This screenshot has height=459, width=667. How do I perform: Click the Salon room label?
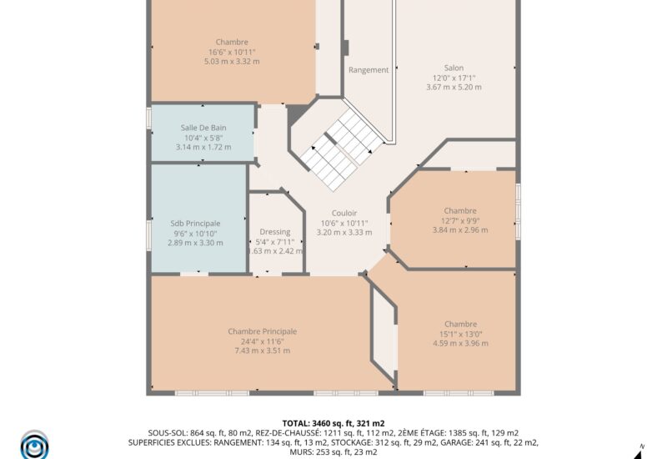[x=454, y=68]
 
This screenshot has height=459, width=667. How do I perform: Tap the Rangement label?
[x=369, y=70]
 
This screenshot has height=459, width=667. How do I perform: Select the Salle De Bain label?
[x=203, y=128]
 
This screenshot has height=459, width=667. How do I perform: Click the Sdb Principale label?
[x=195, y=224]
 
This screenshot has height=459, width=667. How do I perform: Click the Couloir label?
[x=344, y=213]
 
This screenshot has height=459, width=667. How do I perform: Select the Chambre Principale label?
[x=262, y=331]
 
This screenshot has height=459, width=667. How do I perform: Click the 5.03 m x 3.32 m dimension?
[x=233, y=61]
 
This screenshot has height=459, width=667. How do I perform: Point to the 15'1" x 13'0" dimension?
[x=460, y=334]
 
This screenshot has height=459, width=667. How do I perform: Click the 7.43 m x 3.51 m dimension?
[x=262, y=351]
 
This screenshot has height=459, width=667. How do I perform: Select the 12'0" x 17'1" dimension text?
[x=454, y=78]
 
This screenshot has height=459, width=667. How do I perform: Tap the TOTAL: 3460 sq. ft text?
[x=333, y=423]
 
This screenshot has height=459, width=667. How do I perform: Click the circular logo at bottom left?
[x=34, y=444]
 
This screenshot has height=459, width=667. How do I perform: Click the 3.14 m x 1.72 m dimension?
[x=203, y=147]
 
